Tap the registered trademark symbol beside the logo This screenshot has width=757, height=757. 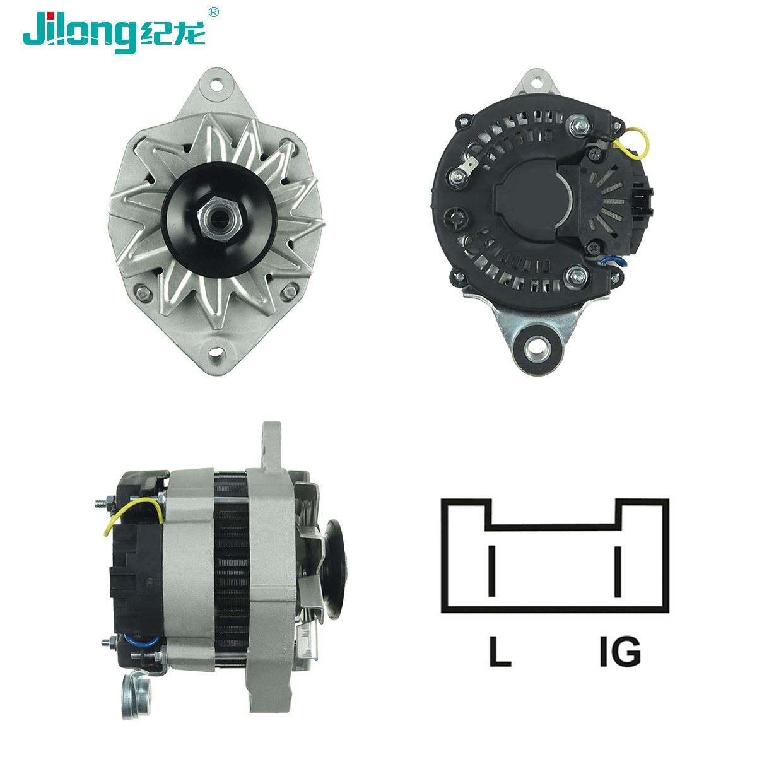pyautogui.click(x=213, y=12)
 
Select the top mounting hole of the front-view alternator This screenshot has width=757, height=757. pyautogui.click(x=216, y=84)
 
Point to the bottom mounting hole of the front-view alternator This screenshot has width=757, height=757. pyautogui.click(x=216, y=350)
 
